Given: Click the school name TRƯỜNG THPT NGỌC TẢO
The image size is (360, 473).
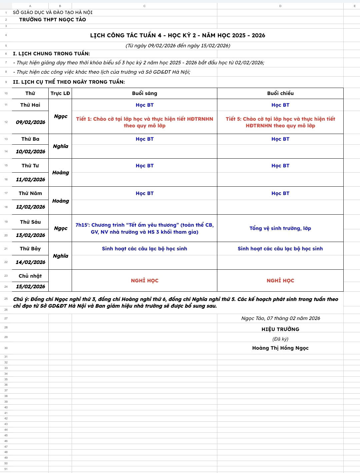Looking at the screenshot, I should pyautogui.click(x=53, y=20).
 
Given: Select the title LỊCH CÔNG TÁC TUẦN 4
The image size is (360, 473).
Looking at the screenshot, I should pyautogui.click(x=178, y=35).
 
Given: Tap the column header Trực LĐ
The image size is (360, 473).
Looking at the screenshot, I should pyautogui.click(x=60, y=93).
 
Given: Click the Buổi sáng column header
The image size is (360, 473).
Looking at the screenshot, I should pyautogui.click(x=144, y=93).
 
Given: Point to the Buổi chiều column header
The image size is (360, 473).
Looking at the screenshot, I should pyautogui.click(x=280, y=93).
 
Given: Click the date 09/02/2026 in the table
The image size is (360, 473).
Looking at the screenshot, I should pyautogui.click(x=30, y=122).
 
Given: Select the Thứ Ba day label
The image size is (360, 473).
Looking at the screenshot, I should pyautogui.click(x=30, y=139).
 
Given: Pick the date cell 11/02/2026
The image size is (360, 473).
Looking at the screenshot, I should pyautogui.click(x=30, y=179).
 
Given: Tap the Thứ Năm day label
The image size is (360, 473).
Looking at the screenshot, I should pyautogui.click(x=30, y=193).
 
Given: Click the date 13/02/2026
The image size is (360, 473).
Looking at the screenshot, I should pyautogui.click(x=30, y=235).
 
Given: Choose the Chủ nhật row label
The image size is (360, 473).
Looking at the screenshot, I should pyautogui.click(x=30, y=276).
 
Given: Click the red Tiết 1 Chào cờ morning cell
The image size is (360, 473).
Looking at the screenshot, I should pyautogui.click(x=144, y=122).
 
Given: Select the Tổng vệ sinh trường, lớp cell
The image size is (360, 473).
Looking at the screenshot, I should pyautogui.click(x=280, y=228).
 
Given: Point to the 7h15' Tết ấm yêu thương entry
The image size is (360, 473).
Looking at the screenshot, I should pyautogui.click(x=144, y=228).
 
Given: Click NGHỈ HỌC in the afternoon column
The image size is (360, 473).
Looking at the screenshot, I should pyautogui.click(x=280, y=281).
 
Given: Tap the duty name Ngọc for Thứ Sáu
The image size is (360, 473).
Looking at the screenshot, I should pyautogui.click(x=60, y=228).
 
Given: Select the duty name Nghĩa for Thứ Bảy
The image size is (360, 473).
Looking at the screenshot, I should pyautogui.click(x=60, y=256).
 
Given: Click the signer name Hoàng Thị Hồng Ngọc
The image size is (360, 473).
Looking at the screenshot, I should pyautogui.click(x=280, y=348).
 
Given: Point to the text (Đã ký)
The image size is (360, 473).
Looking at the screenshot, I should pyautogui.click(x=280, y=339).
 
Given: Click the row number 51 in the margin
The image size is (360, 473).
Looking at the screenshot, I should pyautogui.click(x=6, y=469).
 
